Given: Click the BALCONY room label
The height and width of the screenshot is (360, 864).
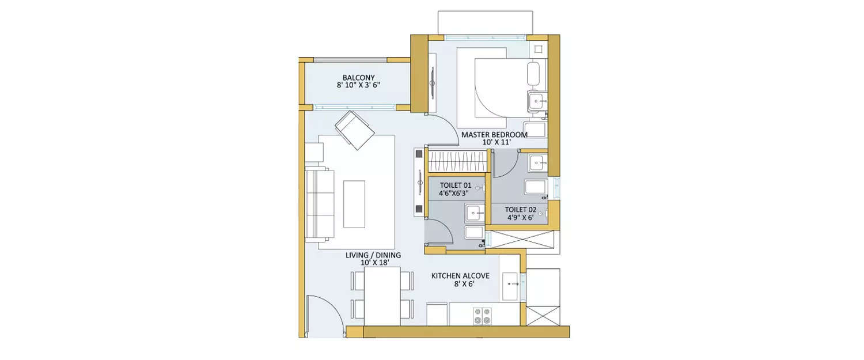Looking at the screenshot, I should (358, 78).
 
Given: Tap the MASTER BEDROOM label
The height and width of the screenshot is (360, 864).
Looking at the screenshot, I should (494, 135).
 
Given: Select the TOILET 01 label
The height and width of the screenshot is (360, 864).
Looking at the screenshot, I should (455, 185).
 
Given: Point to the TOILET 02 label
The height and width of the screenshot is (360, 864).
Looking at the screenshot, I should (521, 210).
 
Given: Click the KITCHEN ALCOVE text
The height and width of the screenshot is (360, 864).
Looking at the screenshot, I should (460, 276).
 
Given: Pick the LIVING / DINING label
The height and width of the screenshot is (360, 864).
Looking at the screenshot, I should (373, 255).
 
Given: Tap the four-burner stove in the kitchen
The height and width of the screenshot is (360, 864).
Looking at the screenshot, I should (482, 315).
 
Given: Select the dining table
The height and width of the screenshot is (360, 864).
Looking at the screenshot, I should (382, 296).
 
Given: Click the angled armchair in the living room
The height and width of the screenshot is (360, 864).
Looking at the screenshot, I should (354, 130).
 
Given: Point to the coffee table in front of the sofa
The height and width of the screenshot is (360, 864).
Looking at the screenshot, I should (354, 204).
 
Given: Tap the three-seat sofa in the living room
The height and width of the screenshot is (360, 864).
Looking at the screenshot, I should (320, 204).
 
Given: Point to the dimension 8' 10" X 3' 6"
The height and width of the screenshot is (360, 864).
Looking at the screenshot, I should (358, 85).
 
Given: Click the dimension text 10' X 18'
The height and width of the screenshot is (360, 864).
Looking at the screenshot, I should (373, 263).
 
